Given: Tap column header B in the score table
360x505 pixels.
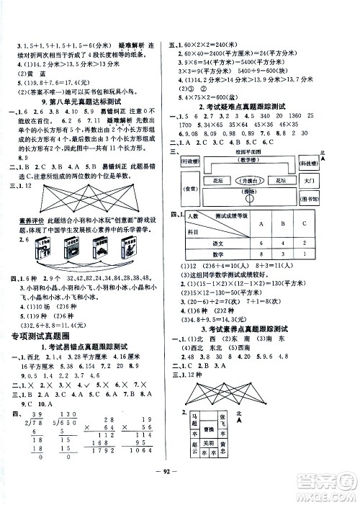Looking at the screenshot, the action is [305, 243].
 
